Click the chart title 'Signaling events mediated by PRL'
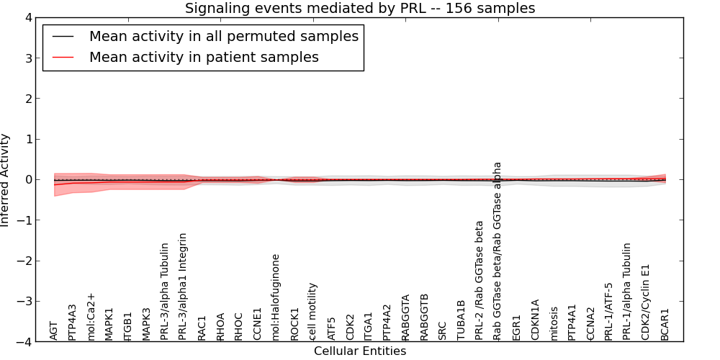pos(360,9)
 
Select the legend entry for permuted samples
pos(223,36)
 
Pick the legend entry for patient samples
pos(204,57)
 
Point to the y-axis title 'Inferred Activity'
pos(6,179)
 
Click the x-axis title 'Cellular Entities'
pos(360,351)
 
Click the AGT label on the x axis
pos(54,330)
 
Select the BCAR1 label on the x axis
pos(665,325)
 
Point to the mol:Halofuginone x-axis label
pos(276,297)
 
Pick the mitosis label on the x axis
pos(554,324)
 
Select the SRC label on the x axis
pos(442,330)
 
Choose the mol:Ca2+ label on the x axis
pos(91,317)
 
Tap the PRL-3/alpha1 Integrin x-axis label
pos(183,287)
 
